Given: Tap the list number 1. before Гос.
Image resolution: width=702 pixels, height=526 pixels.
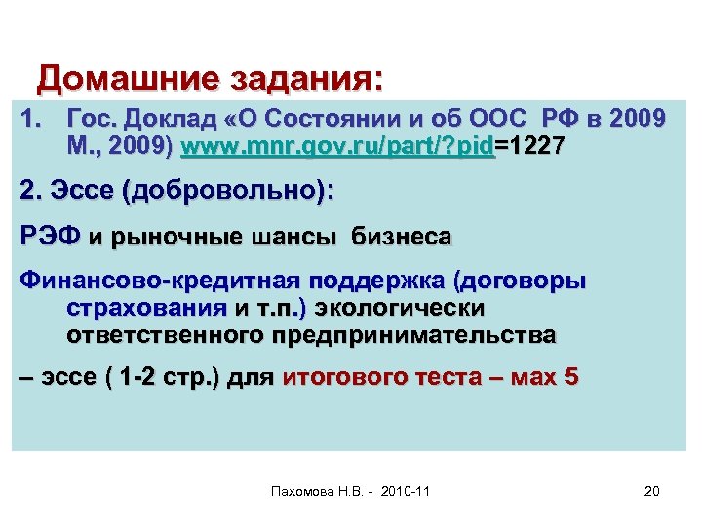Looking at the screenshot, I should tap(32, 120).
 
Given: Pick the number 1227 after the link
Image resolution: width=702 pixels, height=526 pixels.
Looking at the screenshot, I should tap(533, 148).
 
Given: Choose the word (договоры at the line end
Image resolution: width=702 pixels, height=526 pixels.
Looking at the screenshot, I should tap(521, 282).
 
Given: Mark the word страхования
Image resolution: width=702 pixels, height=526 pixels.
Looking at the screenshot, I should tap(145, 309).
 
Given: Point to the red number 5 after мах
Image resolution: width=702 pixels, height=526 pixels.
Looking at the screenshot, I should tap(570, 380).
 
